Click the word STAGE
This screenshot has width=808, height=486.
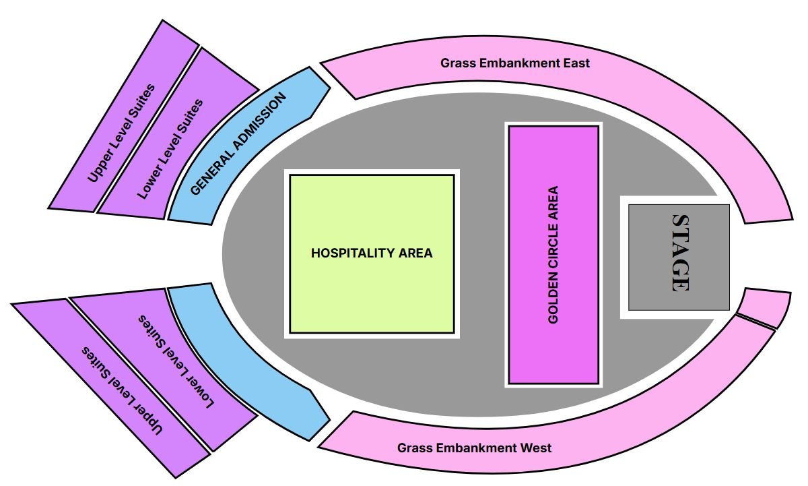point(681,253)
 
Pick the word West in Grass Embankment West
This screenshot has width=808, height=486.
point(536,448)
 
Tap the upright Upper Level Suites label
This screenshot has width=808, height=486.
point(122,133)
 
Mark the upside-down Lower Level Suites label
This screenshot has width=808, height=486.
point(176,361)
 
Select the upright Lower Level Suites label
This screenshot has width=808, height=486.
point(170,149)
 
